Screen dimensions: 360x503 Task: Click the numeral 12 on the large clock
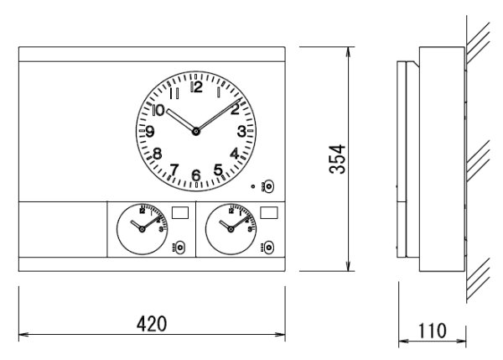click(x=196, y=86)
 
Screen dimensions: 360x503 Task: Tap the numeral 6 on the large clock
click(x=196, y=175)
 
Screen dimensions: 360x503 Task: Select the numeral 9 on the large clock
click(x=150, y=131)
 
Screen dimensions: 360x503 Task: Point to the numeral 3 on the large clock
click(x=241, y=131)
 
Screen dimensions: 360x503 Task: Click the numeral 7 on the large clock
click(x=174, y=170)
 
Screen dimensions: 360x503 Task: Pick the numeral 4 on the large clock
click(x=235, y=154)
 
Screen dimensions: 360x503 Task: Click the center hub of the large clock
click(x=196, y=130)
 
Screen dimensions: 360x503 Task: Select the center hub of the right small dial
click(x=229, y=227)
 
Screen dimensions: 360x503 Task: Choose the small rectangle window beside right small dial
click(x=268, y=214)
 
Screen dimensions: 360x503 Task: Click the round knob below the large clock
click(x=268, y=189)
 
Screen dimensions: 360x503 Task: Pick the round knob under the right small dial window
click(x=268, y=248)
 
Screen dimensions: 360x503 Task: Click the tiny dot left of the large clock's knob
click(x=253, y=186)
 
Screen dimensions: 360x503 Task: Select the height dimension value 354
click(x=336, y=159)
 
